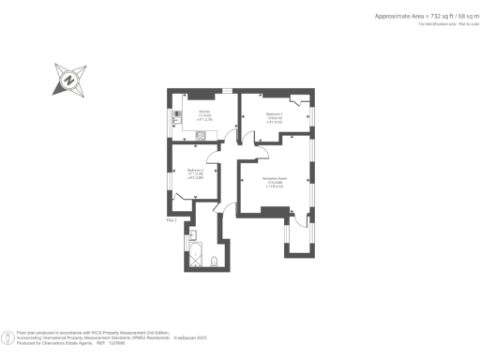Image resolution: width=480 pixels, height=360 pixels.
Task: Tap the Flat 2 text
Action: [x=172, y=219]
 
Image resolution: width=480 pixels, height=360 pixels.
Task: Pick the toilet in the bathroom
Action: [x=215, y=260]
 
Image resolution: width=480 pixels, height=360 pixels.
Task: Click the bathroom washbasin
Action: [x=192, y=232]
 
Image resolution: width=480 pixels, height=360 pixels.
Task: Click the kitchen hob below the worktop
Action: [x=201, y=135]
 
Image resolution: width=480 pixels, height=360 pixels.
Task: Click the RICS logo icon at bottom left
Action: [x=9, y=336]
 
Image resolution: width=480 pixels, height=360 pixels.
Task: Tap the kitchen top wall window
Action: [x=226, y=90]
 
